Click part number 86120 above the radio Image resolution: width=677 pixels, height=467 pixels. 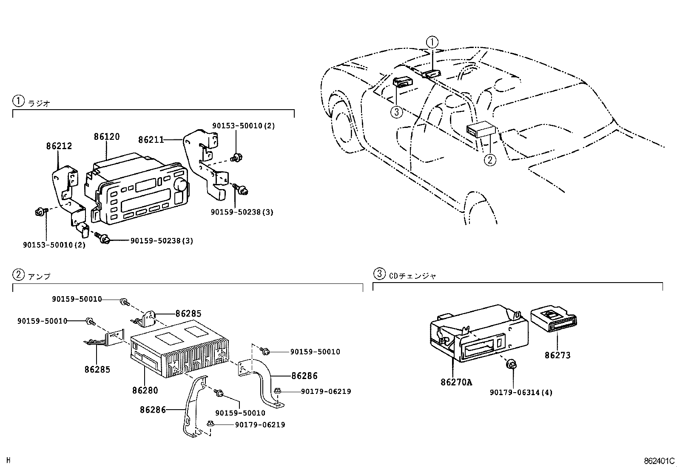pos(107,137)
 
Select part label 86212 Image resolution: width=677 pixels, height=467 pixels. pos(59,146)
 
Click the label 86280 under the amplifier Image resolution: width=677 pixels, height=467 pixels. pos(145,390)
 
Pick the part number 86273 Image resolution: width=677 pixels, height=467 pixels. pos(558,355)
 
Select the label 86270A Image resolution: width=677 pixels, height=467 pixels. pos(456,382)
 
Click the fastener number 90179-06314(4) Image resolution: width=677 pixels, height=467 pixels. pos(521,393)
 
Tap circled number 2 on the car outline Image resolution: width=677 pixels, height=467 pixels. pos(490,160)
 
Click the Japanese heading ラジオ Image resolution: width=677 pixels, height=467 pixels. pos(39,103)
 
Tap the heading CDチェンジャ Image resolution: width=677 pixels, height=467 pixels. pos(412,276)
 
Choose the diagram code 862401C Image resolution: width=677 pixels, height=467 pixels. pos(659,461)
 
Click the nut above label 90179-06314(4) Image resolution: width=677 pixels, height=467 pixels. pos(512,364)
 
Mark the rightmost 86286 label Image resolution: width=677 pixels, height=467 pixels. pos(304,376)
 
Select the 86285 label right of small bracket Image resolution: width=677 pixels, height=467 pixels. pos(188,314)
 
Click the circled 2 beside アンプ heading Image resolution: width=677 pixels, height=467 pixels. pos(18,275)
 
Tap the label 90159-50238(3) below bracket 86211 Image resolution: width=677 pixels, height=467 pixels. pos(242,212)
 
